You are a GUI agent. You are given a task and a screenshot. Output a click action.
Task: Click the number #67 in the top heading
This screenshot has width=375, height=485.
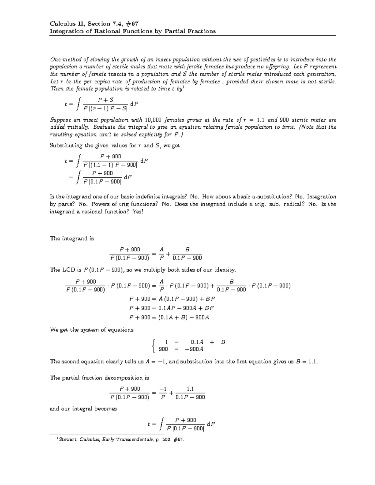tap(132, 24)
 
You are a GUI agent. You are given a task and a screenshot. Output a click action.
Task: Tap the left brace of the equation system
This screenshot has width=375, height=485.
tap(153, 346)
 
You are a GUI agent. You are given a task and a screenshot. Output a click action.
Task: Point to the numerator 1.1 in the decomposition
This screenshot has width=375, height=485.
tap(190, 389)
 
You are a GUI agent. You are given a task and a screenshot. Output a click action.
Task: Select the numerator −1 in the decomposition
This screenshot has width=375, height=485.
tap(162, 389)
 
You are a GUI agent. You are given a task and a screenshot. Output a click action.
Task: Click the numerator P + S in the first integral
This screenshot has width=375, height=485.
tap(106, 100)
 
